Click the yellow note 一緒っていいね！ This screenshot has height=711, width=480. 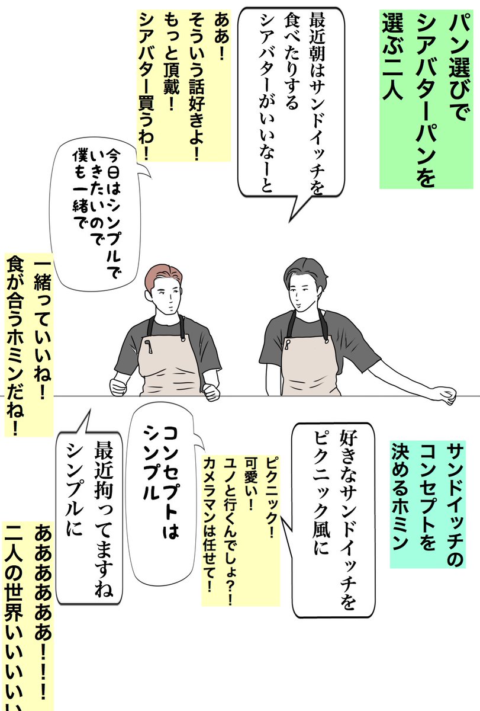(x=27, y=344)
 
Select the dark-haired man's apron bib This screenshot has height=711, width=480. (x=305, y=361)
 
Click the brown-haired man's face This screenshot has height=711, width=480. (x=169, y=299)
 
